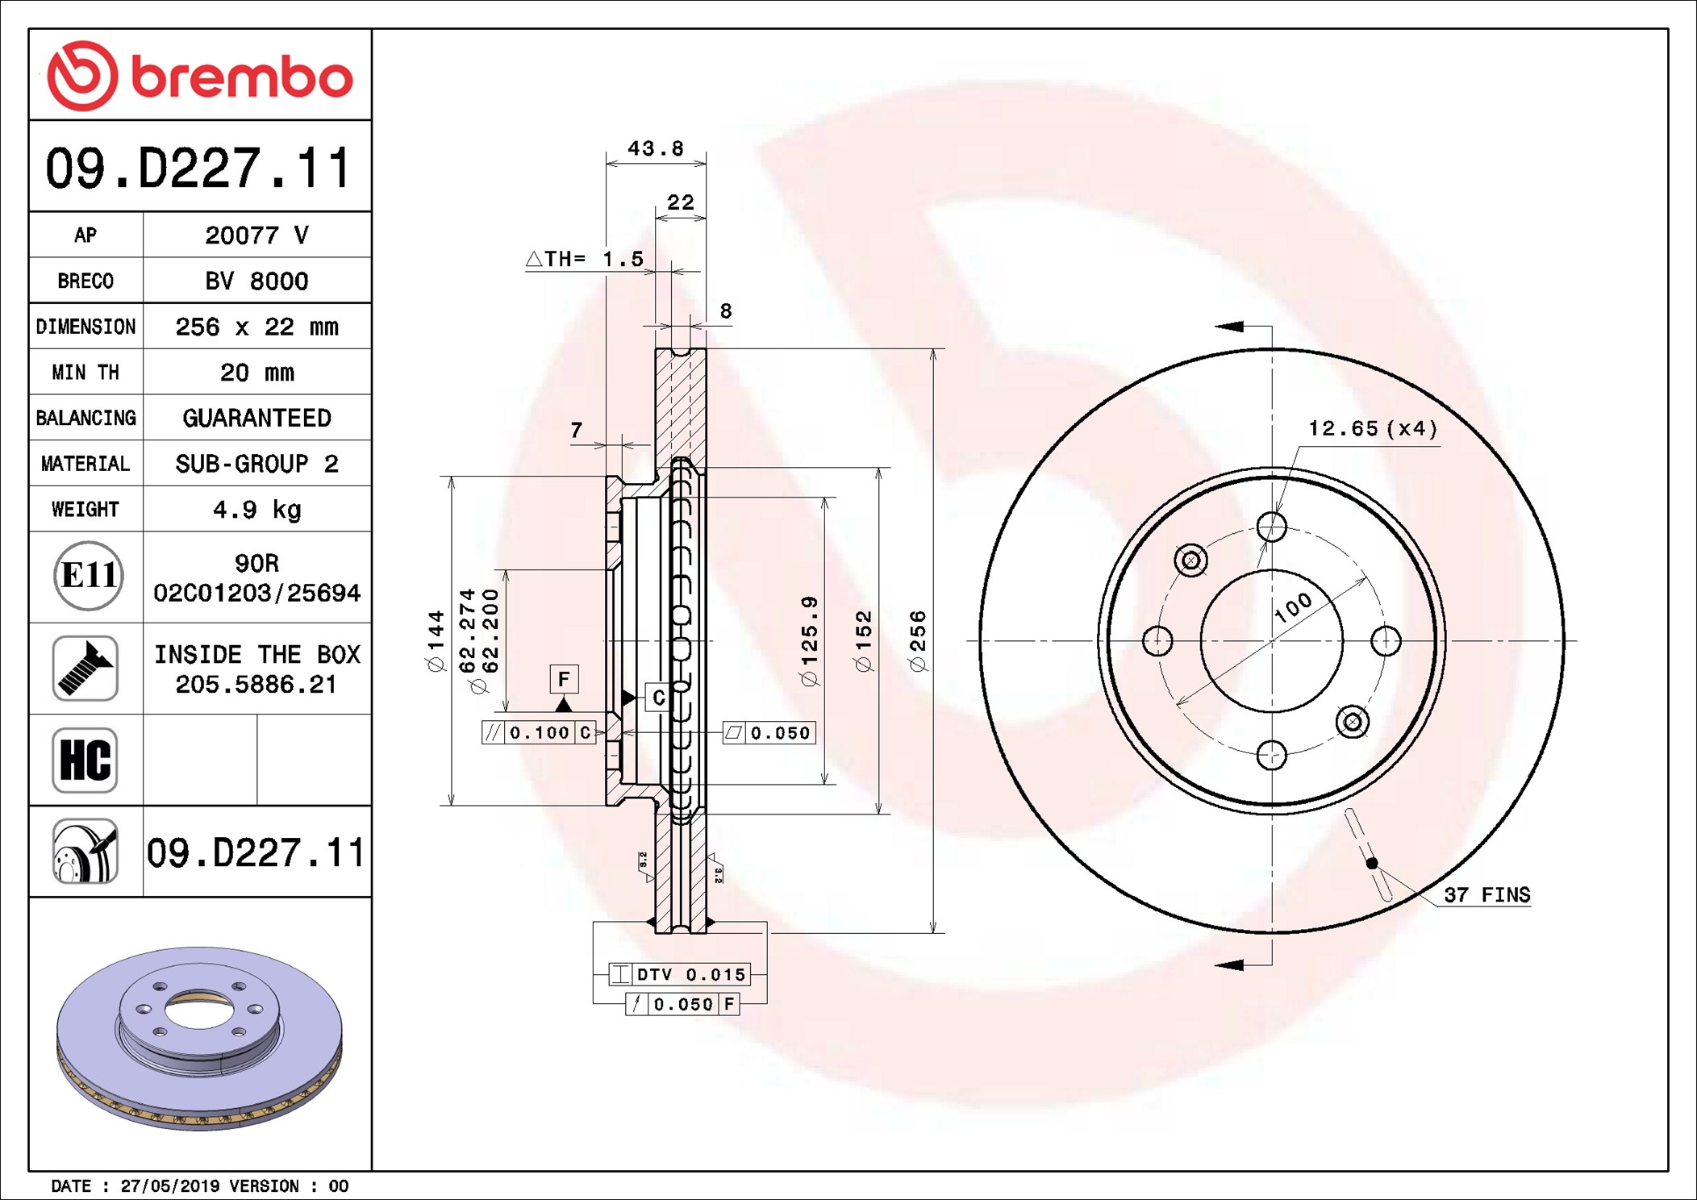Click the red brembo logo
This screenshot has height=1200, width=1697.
coord(200,75)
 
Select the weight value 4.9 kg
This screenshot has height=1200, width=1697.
coord(256,510)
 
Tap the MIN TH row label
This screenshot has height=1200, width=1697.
coord(85,373)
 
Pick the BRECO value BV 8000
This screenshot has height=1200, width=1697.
coord(256,281)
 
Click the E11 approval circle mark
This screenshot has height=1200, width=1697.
coord(89,576)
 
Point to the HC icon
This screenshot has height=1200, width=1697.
coord(85,760)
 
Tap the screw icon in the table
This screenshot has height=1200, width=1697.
coord(85,668)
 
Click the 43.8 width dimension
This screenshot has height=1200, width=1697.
coord(656,148)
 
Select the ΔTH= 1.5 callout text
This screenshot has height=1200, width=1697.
coord(586,259)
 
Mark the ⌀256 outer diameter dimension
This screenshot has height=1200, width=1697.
coord(918,641)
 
